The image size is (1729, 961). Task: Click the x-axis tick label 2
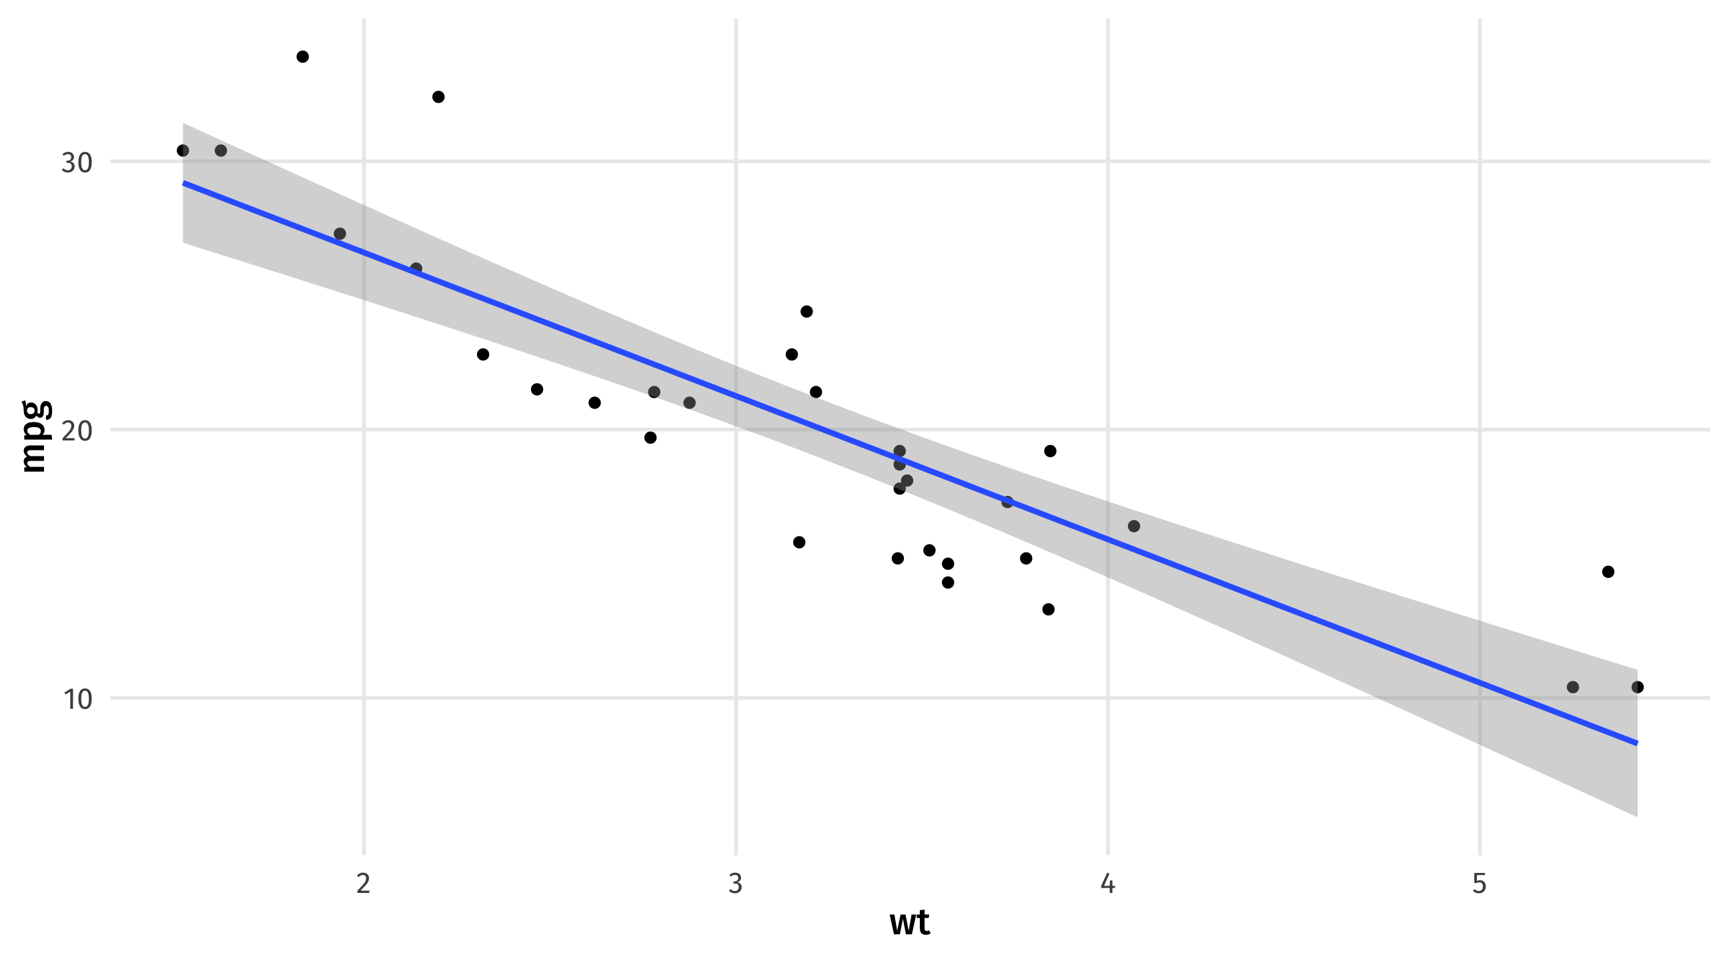coord(363,884)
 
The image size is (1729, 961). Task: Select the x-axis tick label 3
coord(736,884)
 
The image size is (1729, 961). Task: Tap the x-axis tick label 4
coord(1107,884)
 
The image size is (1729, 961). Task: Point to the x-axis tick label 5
coord(1480,884)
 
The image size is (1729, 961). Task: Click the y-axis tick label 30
coord(77,163)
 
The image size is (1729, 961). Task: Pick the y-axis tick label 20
coord(77,430)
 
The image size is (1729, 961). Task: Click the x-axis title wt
coord(909,923)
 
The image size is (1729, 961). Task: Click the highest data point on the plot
coord(303,57)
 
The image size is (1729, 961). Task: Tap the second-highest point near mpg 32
coord(438,97)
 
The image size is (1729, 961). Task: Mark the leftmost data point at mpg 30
coord(183,150)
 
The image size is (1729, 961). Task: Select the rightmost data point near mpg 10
coord(1638,687)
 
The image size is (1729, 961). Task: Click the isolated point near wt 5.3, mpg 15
coord(1608,571)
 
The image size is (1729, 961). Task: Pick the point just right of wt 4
coord(1133,526)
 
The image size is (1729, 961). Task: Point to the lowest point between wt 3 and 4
coord(1049,609)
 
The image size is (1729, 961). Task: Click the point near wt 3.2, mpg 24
coord(806,311)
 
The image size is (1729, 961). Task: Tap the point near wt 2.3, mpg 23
coord(482,354)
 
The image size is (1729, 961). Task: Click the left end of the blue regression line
coord(184,183)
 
